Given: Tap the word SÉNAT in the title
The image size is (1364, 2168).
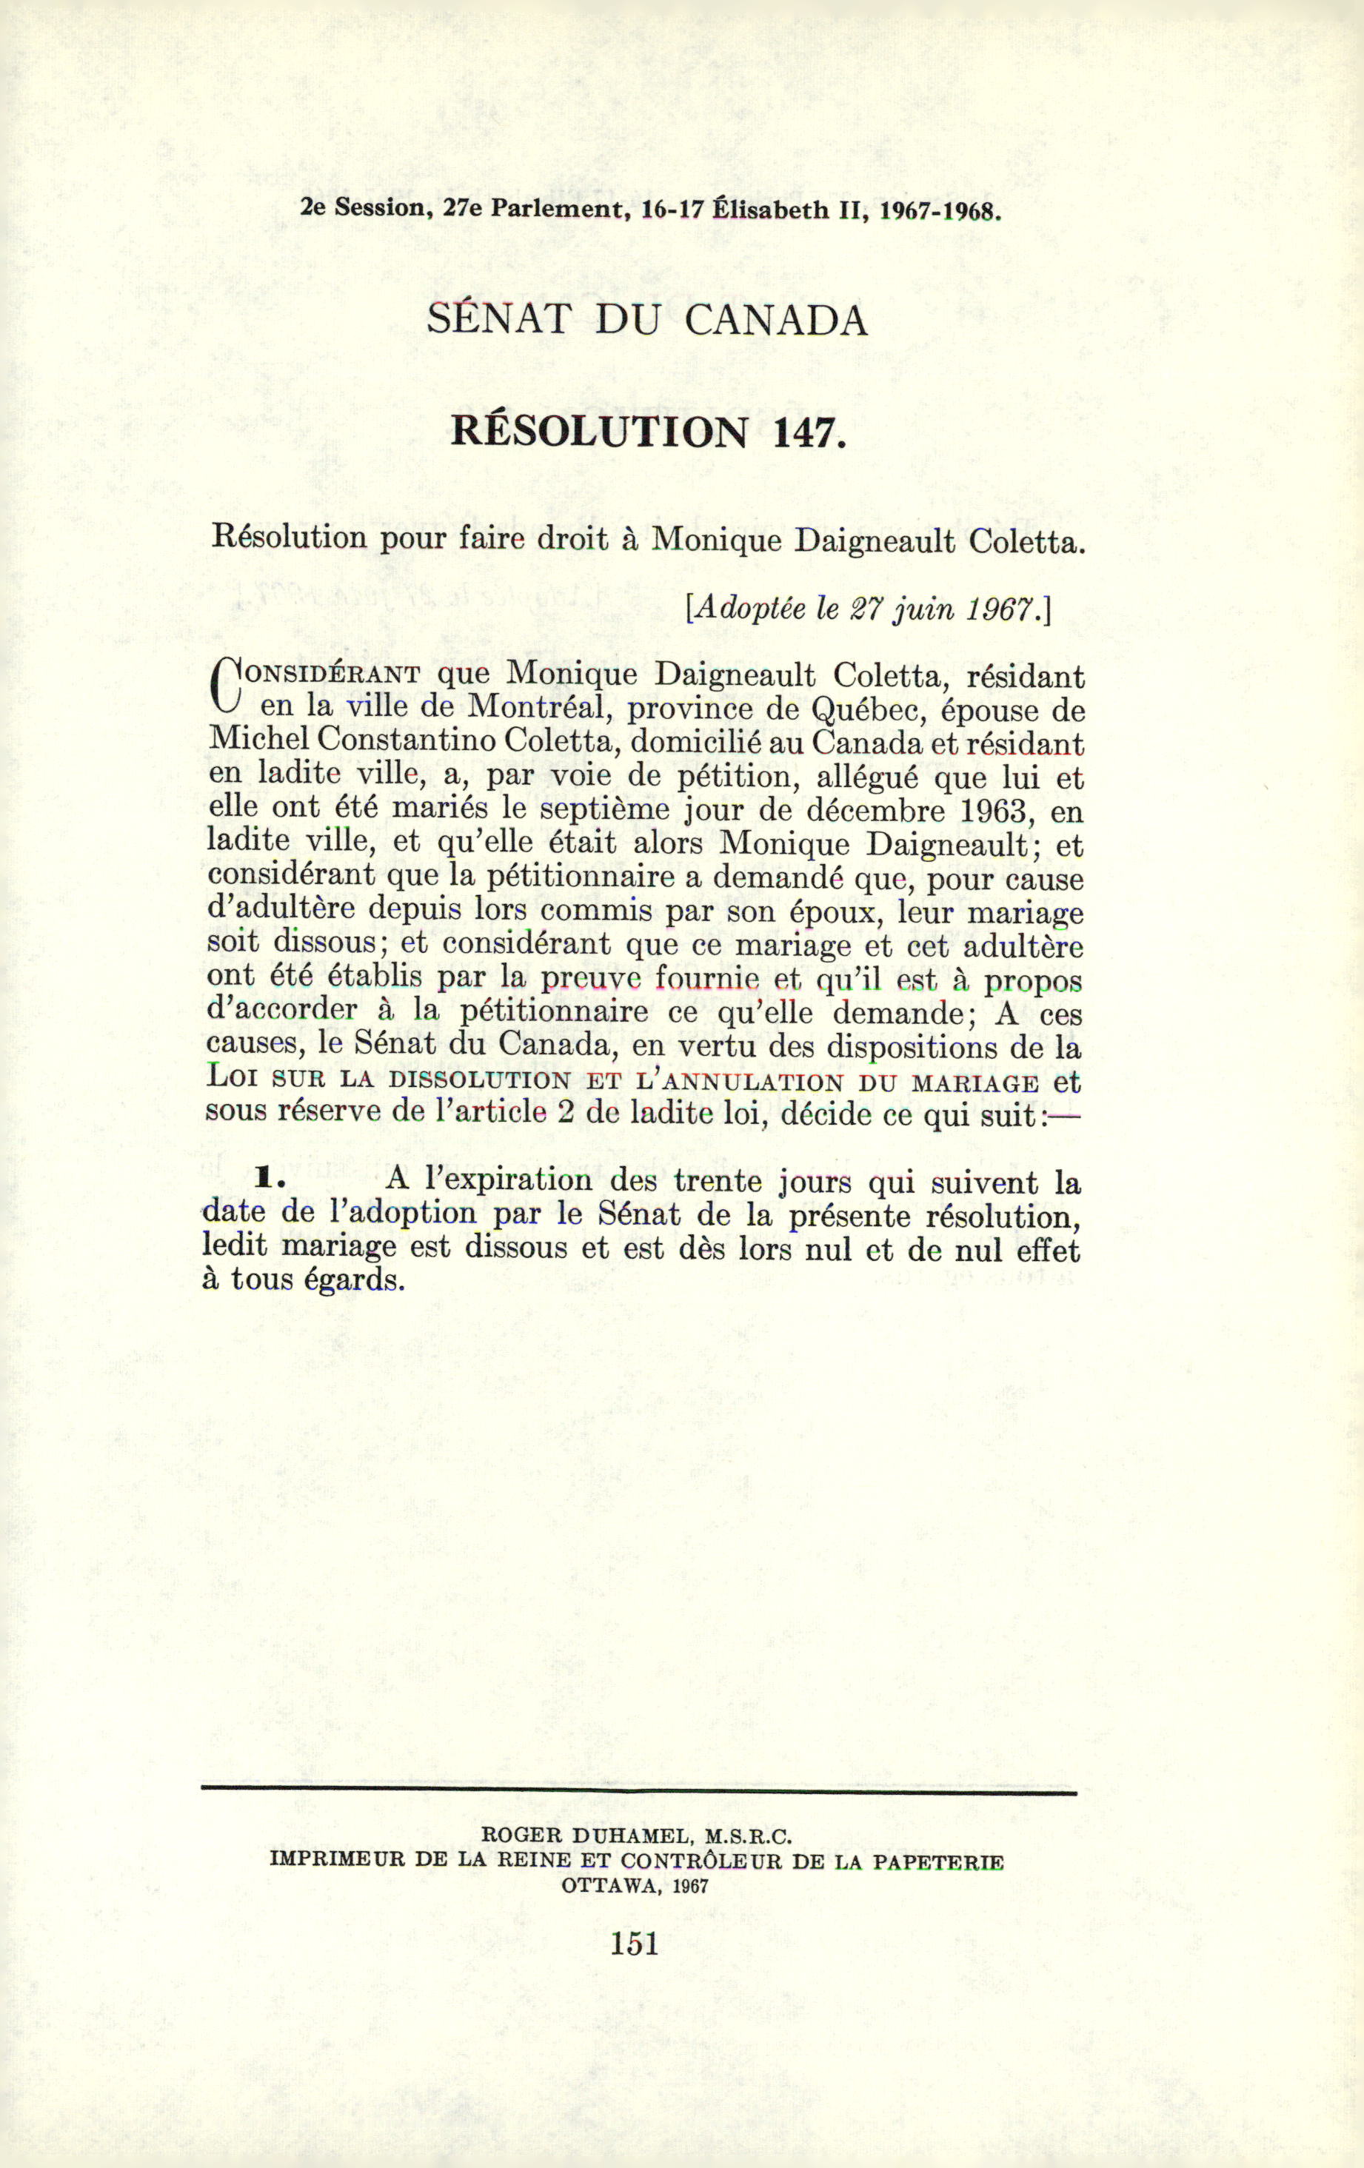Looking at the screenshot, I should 498,321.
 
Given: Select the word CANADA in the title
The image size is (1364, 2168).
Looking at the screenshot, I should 776,321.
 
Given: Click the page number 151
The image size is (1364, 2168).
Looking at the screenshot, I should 635,1944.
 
